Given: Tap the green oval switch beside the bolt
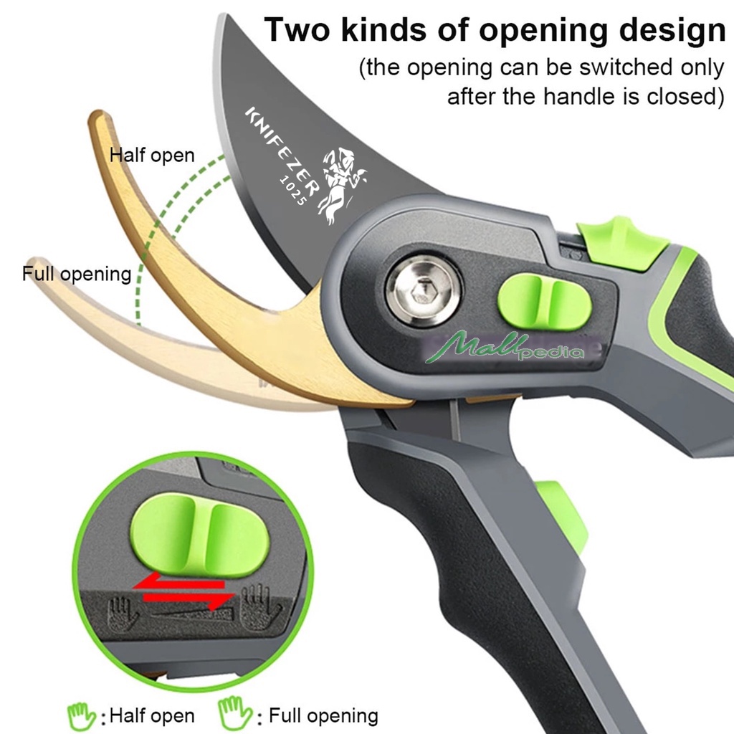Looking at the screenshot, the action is click(545, 301).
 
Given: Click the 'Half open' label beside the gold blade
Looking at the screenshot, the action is click(152, 156).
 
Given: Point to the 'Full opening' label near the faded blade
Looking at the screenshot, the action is click(77, 274).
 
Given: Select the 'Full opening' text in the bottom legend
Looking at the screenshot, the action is click(323, 715).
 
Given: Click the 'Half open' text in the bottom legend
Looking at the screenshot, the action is click(152, 715).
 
